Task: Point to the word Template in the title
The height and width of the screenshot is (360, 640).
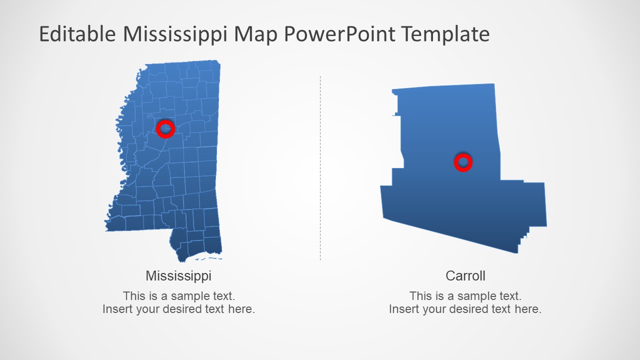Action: click(445, 34)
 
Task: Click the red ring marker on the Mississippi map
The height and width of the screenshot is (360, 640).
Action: click(165, 128)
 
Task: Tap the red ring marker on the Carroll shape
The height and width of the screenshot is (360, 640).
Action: click(463, 162)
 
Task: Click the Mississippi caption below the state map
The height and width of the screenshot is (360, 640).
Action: click(178, 275)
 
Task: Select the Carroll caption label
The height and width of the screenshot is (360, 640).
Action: click(465, 275)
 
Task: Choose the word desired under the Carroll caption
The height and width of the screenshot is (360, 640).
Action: click(472, 309)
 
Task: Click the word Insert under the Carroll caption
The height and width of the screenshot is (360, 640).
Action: click(404, 309)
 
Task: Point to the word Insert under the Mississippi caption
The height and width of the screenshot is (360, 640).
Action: click(117, 309)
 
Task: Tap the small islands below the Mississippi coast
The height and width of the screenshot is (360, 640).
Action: click(209, 259)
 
